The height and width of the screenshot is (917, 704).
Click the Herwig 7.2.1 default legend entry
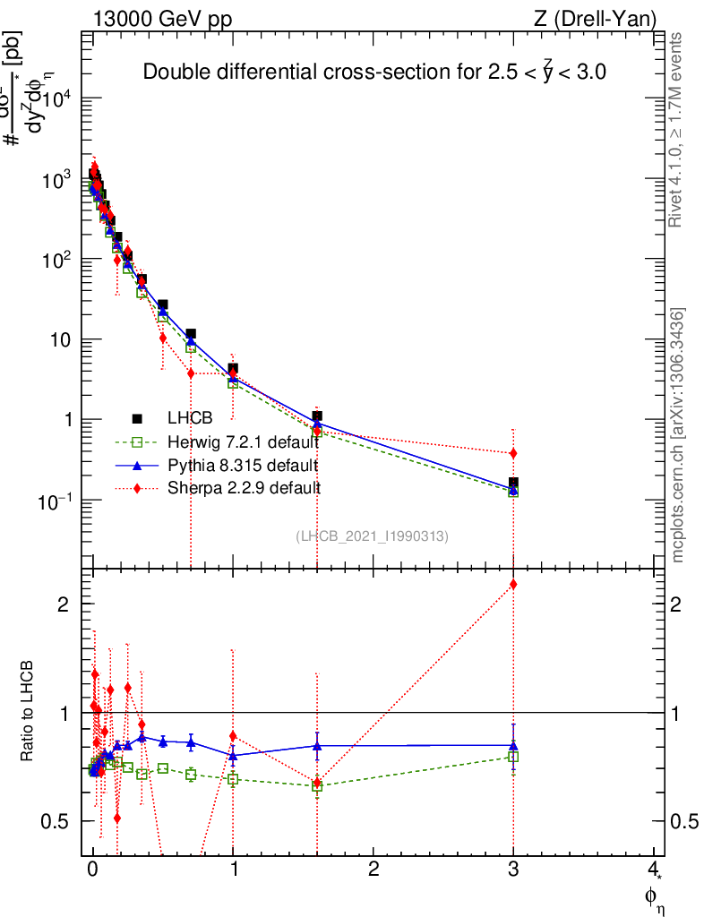click(x=242, y=442)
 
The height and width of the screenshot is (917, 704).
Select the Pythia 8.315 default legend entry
click(x=242, y=466)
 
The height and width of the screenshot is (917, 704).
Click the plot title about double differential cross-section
click(x=375, y=73)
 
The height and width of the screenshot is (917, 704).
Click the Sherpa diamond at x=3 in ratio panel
click(x=513, y=585)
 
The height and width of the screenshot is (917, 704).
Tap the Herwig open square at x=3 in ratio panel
click(x=513, y=757)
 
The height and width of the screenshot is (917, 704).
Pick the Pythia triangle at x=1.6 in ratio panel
click(x=317, y=745)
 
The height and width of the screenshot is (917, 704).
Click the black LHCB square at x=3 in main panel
click(x=513, y=483)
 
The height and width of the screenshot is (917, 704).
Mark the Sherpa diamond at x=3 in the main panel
click(x=513, y=454)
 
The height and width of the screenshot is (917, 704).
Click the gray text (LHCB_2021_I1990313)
click(x=372, y=536)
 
